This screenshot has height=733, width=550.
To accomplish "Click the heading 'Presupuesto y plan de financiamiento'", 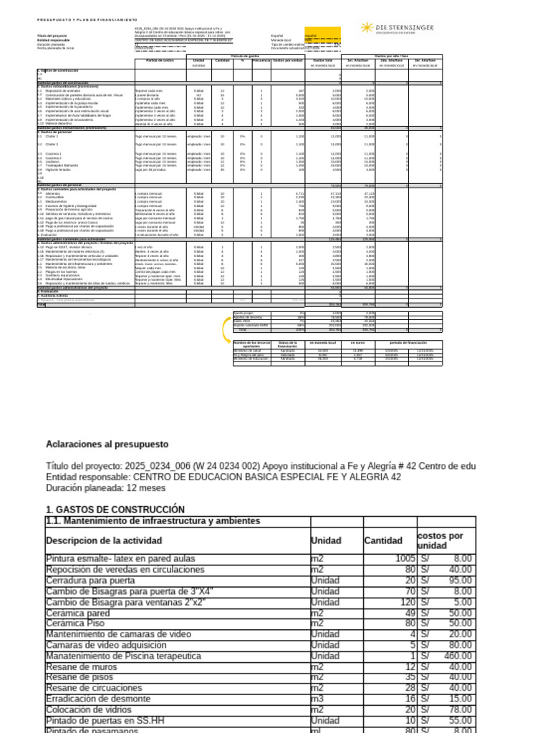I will [87, 19].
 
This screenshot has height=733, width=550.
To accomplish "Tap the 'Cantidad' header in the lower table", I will [383, 540].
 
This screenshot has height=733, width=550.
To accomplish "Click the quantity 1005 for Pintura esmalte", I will [405, 558].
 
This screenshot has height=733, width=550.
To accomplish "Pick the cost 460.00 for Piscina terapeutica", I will [458, 656].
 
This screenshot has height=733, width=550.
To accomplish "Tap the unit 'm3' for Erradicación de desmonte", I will [318, 699].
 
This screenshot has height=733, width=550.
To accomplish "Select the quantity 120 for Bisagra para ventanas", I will [406, 602].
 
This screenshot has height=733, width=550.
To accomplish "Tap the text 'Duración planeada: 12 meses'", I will [105, 488].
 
